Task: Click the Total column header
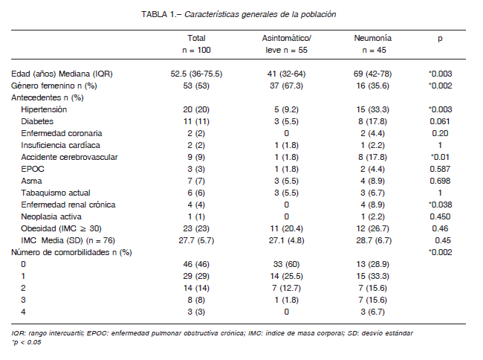[196, 44]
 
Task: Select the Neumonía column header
[373, 44]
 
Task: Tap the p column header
[440, 39]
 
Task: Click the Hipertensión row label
[44, 109]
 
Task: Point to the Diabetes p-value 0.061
[440, 121]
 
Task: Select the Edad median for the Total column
[196, 74]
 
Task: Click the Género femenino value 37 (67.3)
[287, 86]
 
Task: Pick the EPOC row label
[33, 169]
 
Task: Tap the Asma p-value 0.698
[440, 181]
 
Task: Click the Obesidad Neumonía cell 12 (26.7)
[373, 228]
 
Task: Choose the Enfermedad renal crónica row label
[68, 205]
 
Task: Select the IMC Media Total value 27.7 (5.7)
[196, 240]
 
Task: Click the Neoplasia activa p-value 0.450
[440, 216]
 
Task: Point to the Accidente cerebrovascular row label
[69, 157]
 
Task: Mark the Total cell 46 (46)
[196, 264]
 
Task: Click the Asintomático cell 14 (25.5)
[287, 276]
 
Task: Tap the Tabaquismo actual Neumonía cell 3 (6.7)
[373, 193]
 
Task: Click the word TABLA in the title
[155, 14]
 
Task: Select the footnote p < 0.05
[26, 342]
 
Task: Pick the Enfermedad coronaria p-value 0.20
[440, 133]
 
